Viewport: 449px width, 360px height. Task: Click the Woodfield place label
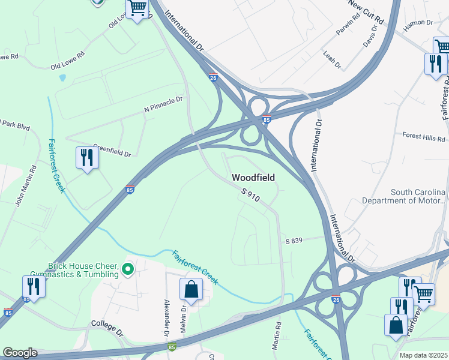coord(253,178)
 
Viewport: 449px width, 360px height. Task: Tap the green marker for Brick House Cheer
coord(127,269)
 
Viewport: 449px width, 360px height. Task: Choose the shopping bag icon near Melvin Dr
coord(191,289)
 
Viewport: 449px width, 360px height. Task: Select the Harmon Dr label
coord(418,22)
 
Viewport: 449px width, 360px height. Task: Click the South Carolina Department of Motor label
coord(418,196)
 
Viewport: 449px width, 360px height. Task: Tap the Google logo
coord(19,353)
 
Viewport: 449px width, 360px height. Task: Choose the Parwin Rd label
coord(348,25)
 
